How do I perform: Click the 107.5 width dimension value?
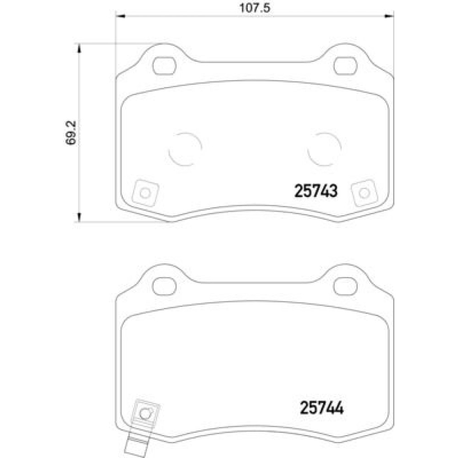click(255, 8)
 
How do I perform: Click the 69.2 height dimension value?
click(71, 132)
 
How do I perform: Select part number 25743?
click(316, 191)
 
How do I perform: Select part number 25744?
click(322, 408)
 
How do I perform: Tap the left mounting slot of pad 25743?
click(164, 65)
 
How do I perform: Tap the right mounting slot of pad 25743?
click(345, 65)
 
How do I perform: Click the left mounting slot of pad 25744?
click(164, 286)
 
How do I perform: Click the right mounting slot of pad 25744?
click(345, 286)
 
